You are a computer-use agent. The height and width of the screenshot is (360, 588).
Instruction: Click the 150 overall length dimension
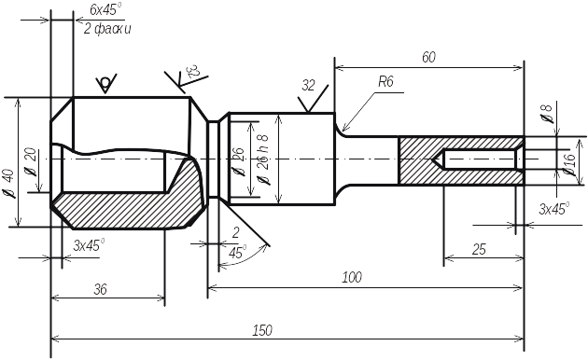click(x=262, y=330)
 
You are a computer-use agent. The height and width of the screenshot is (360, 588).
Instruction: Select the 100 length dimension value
click(x=352, y=278)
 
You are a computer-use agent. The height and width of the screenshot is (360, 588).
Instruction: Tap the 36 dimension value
click(x=100, y=289)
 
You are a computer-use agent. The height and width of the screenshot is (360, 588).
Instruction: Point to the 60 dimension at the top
click(x=428, y=57)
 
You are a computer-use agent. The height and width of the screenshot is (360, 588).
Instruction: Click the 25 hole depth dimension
click(x=479, y=250)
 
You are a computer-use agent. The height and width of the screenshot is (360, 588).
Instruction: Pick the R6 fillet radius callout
click(x=385, y=82)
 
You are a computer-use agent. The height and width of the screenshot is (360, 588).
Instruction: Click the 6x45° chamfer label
click(x=106, y=10)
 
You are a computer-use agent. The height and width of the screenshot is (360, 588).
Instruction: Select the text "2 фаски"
click(x=107, y=29)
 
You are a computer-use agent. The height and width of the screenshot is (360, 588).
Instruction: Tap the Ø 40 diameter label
click(x=8, y=184)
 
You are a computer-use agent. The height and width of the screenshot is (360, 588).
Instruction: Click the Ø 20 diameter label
click(x=31, y=162)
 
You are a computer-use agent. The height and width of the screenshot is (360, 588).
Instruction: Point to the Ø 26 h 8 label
click(x=263, y=159)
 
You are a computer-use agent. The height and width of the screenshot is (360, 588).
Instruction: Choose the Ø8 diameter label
click(x=548, y=114)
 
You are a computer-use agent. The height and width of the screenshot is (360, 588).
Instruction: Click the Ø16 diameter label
click(x=568, y=164)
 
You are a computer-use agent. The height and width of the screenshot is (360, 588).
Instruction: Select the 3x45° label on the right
click(x=553, y=209)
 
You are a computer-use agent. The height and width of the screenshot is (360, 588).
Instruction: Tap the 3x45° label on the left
click(x=89, y=245)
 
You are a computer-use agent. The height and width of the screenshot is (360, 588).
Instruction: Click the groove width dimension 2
click(x=235, y=233)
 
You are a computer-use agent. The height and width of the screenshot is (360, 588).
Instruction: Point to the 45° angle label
click(x=238, y=253)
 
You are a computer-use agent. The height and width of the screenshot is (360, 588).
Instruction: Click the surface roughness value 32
click(x=308, y=86)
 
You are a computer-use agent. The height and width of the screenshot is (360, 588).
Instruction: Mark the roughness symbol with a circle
click(x=106, y=83)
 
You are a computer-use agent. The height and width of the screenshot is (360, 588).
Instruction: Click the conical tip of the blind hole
click(x=434, y=159)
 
